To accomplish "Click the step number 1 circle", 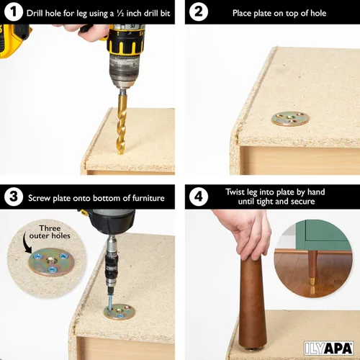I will pos(13,13).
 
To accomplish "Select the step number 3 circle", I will pos(13,197).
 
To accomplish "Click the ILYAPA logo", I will pos(331,346).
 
